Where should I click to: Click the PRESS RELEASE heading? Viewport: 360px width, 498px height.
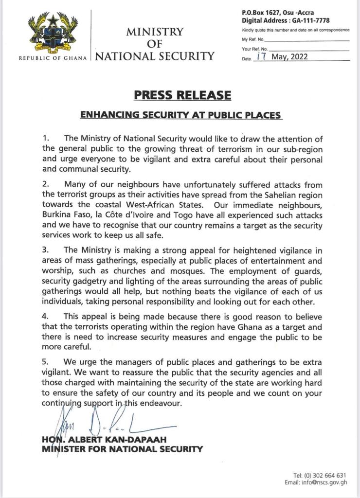pyautogui.click(x=180, y=95)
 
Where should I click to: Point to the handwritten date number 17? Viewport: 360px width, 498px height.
pyautogui.click(x=262, y=57)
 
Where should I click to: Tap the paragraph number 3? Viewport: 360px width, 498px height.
pyautogui.click(x=45, y=250)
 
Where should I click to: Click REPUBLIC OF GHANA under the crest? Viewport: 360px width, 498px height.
pyautogui.click(x=53, y=58)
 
